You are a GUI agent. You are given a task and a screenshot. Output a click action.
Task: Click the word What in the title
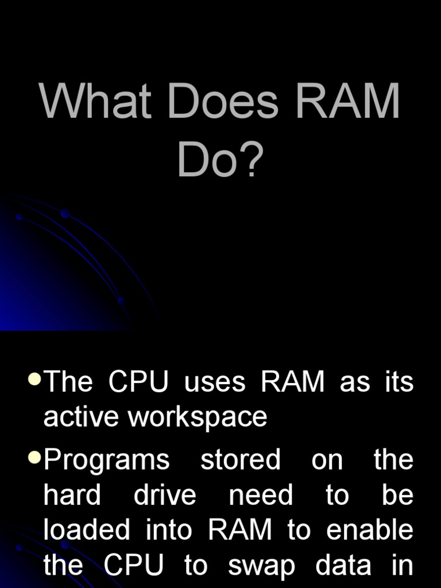point(95,100)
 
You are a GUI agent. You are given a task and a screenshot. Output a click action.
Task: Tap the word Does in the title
point(223,100)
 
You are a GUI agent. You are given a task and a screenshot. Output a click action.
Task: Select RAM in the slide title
point(347,100)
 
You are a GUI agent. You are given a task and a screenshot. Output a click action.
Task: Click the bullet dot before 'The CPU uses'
point(34,378)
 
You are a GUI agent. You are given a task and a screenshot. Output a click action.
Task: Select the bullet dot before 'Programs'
point(34,457)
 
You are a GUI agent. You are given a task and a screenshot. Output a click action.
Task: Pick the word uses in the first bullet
point(215,382)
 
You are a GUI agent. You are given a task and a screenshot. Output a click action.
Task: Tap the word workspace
point(198,418)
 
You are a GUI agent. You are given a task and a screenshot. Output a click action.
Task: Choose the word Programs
point(107,461)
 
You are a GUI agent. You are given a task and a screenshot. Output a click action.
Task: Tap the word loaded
point(87,529)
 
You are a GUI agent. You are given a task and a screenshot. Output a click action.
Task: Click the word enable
point(370,529)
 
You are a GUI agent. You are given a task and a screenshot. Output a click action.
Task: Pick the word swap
point(261,566)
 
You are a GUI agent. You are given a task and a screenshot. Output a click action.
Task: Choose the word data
point(343,564)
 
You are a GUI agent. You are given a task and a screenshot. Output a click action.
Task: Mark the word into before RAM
point(169,529)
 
